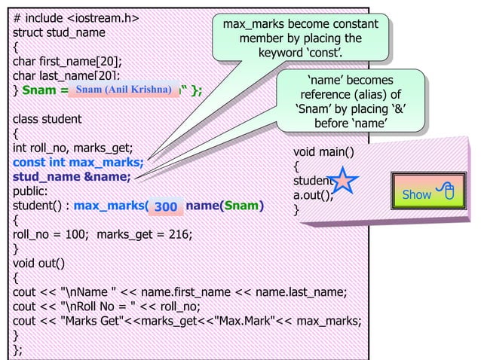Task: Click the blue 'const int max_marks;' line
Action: click(78, 161)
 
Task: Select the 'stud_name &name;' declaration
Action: click(72, 176)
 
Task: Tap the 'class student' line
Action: click(47, 119)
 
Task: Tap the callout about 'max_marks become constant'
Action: click(299, 38)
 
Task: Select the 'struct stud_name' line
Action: click(59, 32)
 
